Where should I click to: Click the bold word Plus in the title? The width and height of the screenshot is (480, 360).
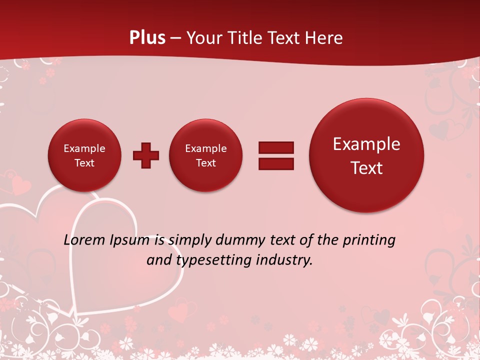(147, 38)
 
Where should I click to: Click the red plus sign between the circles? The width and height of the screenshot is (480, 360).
(146, 155)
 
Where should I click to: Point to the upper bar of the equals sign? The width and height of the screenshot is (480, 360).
(276, 147)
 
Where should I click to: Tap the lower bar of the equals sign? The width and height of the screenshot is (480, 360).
(276, 163)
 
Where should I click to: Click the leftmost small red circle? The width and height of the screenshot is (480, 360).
(84, 155)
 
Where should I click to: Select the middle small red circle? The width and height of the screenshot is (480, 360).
(206, 155)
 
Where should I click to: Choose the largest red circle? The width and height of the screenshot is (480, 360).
(366, 155)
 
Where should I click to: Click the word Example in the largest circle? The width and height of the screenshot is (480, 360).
(366, 144)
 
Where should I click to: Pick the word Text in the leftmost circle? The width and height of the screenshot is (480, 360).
(84, 163)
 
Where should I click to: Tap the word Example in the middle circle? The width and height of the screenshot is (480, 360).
(206, 148)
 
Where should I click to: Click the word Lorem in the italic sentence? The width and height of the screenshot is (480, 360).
(84, 240)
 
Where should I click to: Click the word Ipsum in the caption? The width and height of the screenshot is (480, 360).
(129, 240)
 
